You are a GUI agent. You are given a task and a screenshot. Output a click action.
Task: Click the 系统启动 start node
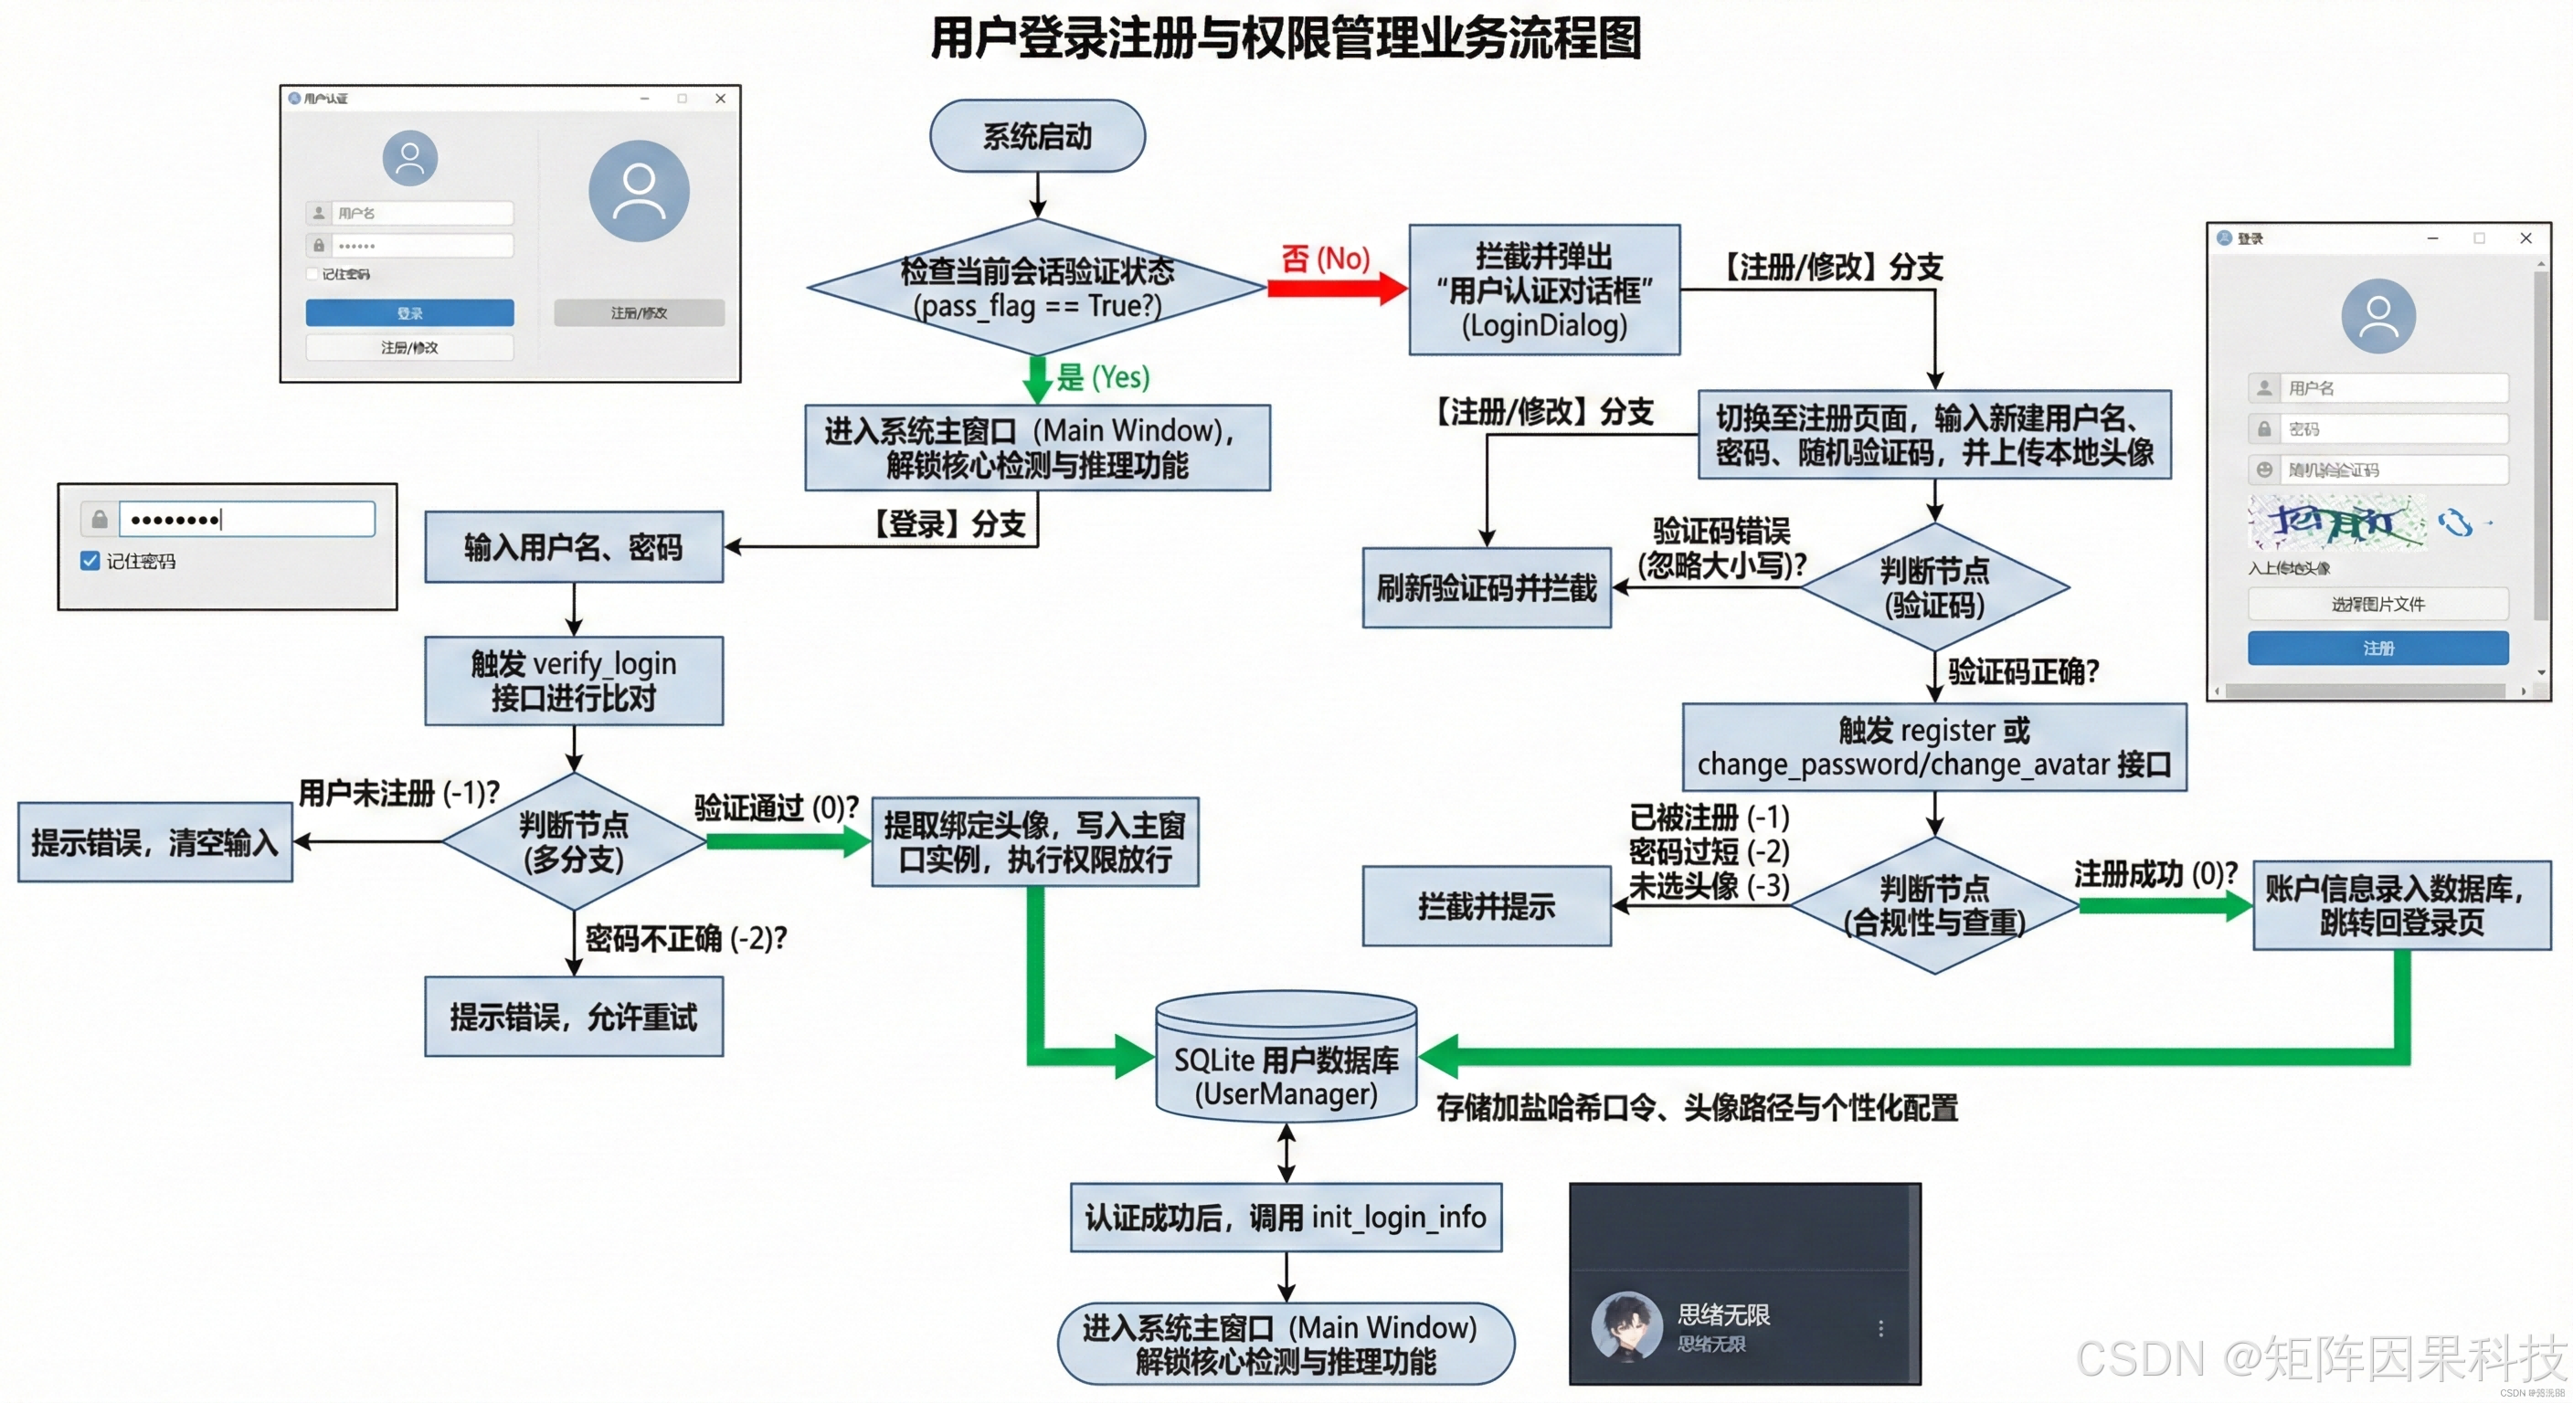pyautogui.click(x=1037, y=136)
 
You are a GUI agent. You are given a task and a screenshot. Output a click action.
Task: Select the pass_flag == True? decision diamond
pyautogui.click(x=1037, y=288)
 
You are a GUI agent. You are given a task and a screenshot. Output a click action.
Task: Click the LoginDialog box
pyautogui.click(x=1544, y=290)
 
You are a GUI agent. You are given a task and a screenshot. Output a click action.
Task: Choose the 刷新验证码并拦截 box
pyautogui.click(x=1487, y=588)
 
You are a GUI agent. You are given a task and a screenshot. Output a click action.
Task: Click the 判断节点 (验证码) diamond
pyautogui.click(x=1933, y=588)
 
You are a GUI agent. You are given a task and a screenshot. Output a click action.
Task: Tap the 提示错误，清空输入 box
pyautogui.click(x=154, y=843)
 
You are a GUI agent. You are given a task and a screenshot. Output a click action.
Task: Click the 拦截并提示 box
pyautogui.click(x=1487, y=906)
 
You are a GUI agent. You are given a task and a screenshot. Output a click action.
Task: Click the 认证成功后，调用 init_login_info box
pyautogui.click(x=1286, y=1218)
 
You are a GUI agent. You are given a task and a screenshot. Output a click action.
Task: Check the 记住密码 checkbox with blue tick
pyautogui.click(x=90, y=561)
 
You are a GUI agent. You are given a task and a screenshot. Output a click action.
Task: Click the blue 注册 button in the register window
pyautogui.click(x=2377, y=649)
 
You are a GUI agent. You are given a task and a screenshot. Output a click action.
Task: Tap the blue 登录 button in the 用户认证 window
pyautogui.click(x=409, y=312)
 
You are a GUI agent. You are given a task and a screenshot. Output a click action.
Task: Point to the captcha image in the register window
pyautogui.click(x=2335, y=522)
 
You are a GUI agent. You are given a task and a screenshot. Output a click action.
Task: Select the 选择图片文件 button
pyautogui.click(x=2377, y=604)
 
